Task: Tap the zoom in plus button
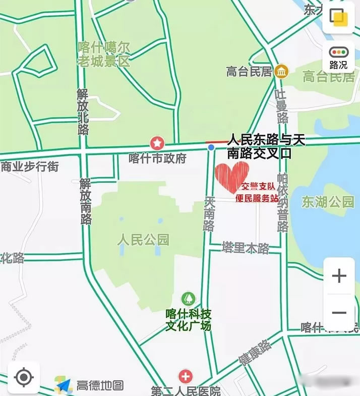point(339,276)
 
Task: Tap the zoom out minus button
point(339,313)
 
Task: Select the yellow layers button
point(338,17)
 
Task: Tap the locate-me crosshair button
point(23,377)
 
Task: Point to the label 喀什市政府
point(157,158)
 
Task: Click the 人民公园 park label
point(143,239)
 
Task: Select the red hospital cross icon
point(186,376)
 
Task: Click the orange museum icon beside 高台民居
point(281,71)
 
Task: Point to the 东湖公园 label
point(328,202)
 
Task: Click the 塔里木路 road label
point(246,248)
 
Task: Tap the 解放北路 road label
point(83,111)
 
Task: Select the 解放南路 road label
point(86,201)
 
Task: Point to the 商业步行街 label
point(30,166)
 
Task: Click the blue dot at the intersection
point(211,147)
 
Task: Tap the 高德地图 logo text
point(100,386)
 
